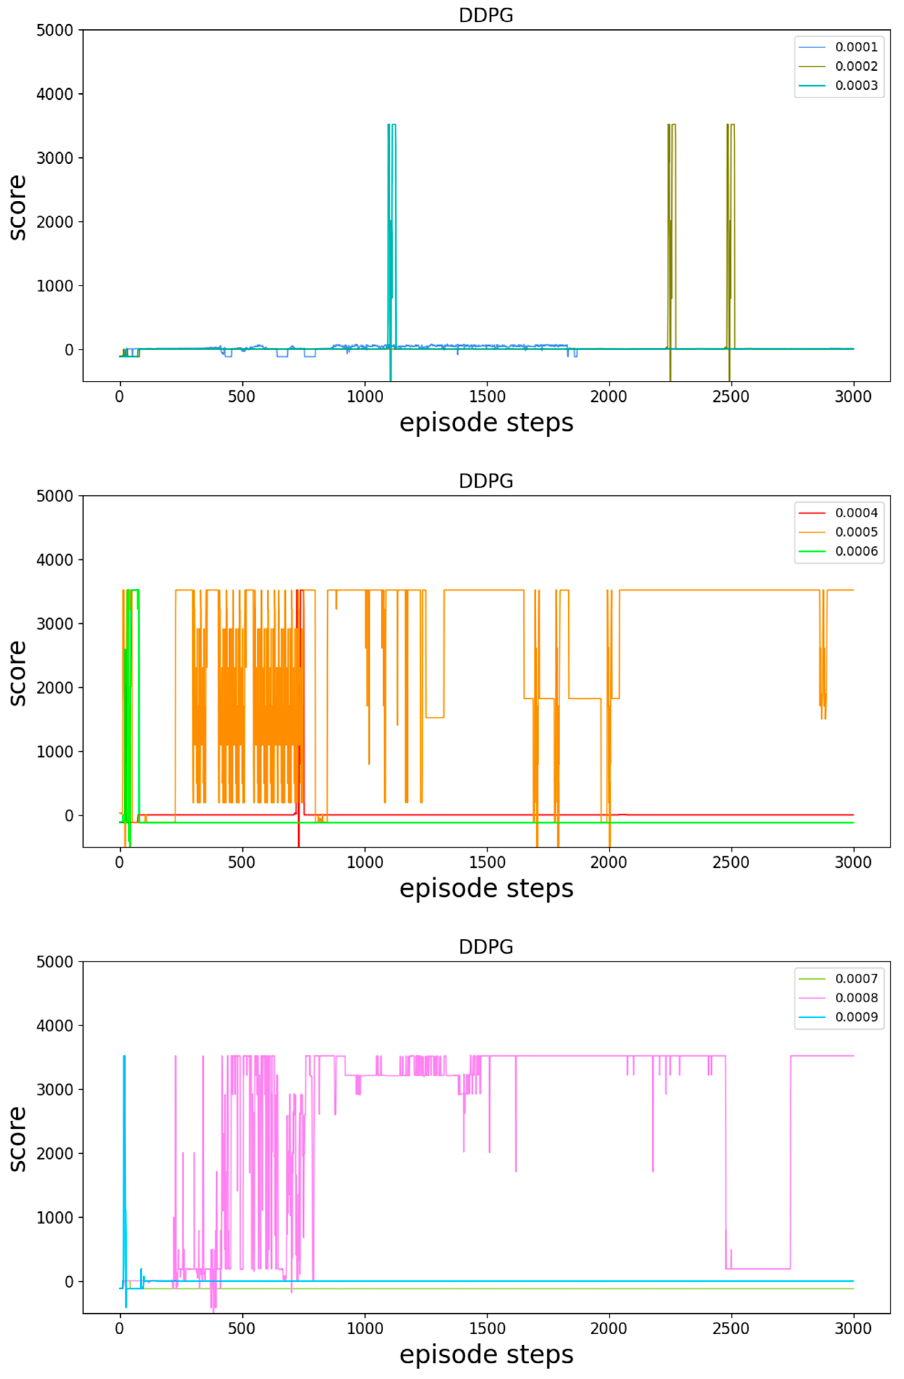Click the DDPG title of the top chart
coord(486,15)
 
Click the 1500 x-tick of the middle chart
coord(486,863)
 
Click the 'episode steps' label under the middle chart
coord(486,888)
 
